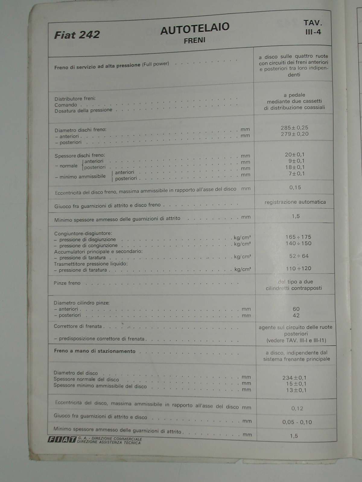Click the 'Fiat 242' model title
pyautogui.click(x=77, y=35)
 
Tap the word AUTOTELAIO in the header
pyautogui.click(x=195, y=29)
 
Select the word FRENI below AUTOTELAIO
pyautogui.click(x=195, y=40)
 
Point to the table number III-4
pyautogui.click(x=313, y=32)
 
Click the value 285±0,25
pyautogui.click(x=294, y=128)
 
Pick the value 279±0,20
pyautogui.click(x=294, y=134)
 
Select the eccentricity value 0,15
pyautogui.click(x=295, y=187)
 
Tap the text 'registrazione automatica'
pyautogui.click(x=295, y=202)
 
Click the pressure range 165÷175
pyautogui.click(x=298, y=237)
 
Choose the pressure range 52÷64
pyautogui.click(x=299, y=256)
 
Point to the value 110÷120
pyautogui.click(x=298, y=268)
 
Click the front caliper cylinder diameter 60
pyautogui.click(x=296, y=309)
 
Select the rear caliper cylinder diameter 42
pyautogui.click(x=296, y=315)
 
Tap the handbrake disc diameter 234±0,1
pyautogui.click(x=294, y=378)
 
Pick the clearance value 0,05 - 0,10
pyautogui.click(x=297, y=422)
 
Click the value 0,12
pyautogui.click(x=297, y=408)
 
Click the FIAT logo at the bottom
pyautogui.click(x=62, y=440)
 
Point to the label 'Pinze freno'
pyautogui.click(x=67, y=283)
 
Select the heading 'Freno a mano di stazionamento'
pyautogui.click(x=94, y=351)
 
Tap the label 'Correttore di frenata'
pyautogui.click(x=78, y=326)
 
